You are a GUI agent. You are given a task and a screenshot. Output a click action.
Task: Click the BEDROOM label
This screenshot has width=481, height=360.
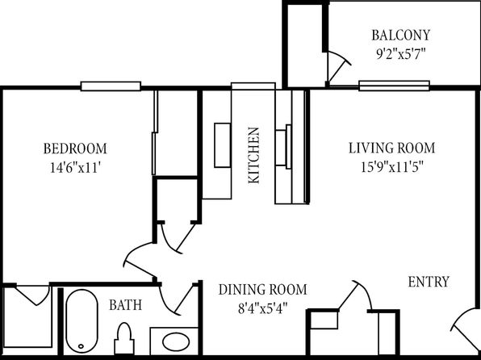tap(75, 149)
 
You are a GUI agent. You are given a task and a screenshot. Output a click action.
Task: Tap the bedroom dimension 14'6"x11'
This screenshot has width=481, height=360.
tap(76, 168)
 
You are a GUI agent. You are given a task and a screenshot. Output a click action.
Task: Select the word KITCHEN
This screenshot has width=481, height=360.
tap(254, 155)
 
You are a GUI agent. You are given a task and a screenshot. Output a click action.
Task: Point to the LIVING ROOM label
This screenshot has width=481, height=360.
tap(391, 148)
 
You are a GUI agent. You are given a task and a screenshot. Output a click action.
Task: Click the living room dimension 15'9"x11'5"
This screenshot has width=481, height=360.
tap(392, 167)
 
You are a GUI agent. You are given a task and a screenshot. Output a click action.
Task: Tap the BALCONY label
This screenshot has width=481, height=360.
tap(401, 36)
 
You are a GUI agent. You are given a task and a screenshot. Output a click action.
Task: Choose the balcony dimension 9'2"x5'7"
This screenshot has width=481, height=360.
tap(401, 55)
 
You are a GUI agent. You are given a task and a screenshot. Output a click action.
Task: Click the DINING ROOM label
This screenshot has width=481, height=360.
tap(262, 290)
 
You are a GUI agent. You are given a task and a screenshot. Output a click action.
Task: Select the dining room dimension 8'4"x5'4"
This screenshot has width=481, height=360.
tap(262, 309)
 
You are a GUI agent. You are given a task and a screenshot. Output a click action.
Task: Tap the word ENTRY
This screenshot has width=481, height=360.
tap(429, 282)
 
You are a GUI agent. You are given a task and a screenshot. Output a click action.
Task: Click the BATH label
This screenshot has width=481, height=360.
tap(126, 305)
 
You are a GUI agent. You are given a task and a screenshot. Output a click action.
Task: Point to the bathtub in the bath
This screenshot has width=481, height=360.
tap(82, 321)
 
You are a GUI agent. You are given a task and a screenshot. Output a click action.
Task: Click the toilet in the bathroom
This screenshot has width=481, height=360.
tap(124, 338)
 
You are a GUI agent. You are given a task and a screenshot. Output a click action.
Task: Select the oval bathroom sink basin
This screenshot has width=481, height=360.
tap(176, 342)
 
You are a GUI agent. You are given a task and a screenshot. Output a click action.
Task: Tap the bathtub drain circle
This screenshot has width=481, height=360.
tap(81, 346)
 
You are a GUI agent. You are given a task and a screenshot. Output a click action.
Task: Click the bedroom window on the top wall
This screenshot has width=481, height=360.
tap(111, 86)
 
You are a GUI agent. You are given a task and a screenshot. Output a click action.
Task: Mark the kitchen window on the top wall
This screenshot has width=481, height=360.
tap(253, 86)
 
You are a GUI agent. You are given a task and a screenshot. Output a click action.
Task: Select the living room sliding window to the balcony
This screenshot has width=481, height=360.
tap(394, 86)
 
